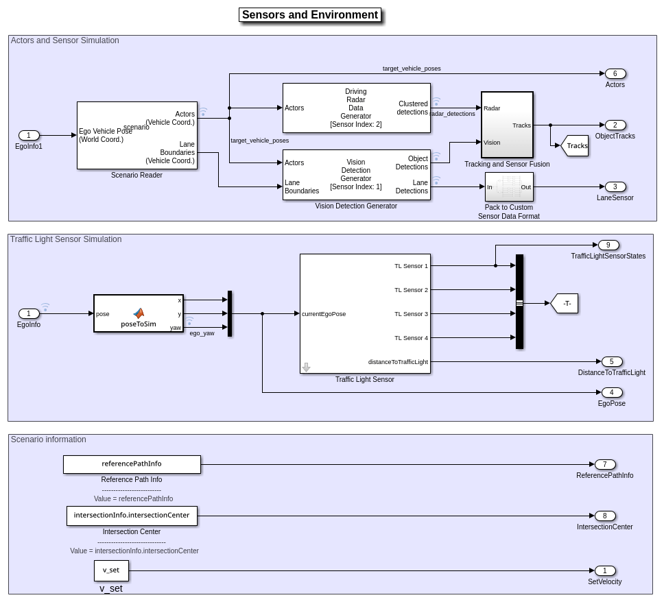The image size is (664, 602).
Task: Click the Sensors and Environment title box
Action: coord(310,15)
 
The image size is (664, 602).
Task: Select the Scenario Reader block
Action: coord(137,135)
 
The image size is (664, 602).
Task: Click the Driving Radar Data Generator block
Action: coord(356,108)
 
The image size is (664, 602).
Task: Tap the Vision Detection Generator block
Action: coord(356,175)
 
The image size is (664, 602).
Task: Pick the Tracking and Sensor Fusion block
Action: coord(507,125)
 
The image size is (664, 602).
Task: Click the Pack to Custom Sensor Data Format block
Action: coord(509,186)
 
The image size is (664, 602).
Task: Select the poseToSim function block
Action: coord(139,313)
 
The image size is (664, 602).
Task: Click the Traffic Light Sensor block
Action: coord(365,313)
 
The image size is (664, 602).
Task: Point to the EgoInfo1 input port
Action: coord(29,135)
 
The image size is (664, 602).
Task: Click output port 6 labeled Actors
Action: coord(615,73)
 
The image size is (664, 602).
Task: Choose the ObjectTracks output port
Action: coord(615,125)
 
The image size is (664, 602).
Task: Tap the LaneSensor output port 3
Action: coord(615,186)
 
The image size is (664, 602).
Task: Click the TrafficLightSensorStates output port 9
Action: coord(608,245)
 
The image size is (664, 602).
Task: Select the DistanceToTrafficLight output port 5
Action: coord(611,361)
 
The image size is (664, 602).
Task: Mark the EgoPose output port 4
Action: coord(611,392)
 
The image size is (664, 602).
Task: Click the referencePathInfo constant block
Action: coord(132,464)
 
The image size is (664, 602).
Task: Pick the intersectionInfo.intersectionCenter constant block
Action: coord(132,516)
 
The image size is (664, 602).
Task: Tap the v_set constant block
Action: coord(111,570)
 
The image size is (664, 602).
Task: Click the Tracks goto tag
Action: coord(575,145)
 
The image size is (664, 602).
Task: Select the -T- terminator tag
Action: coord(565,303)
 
